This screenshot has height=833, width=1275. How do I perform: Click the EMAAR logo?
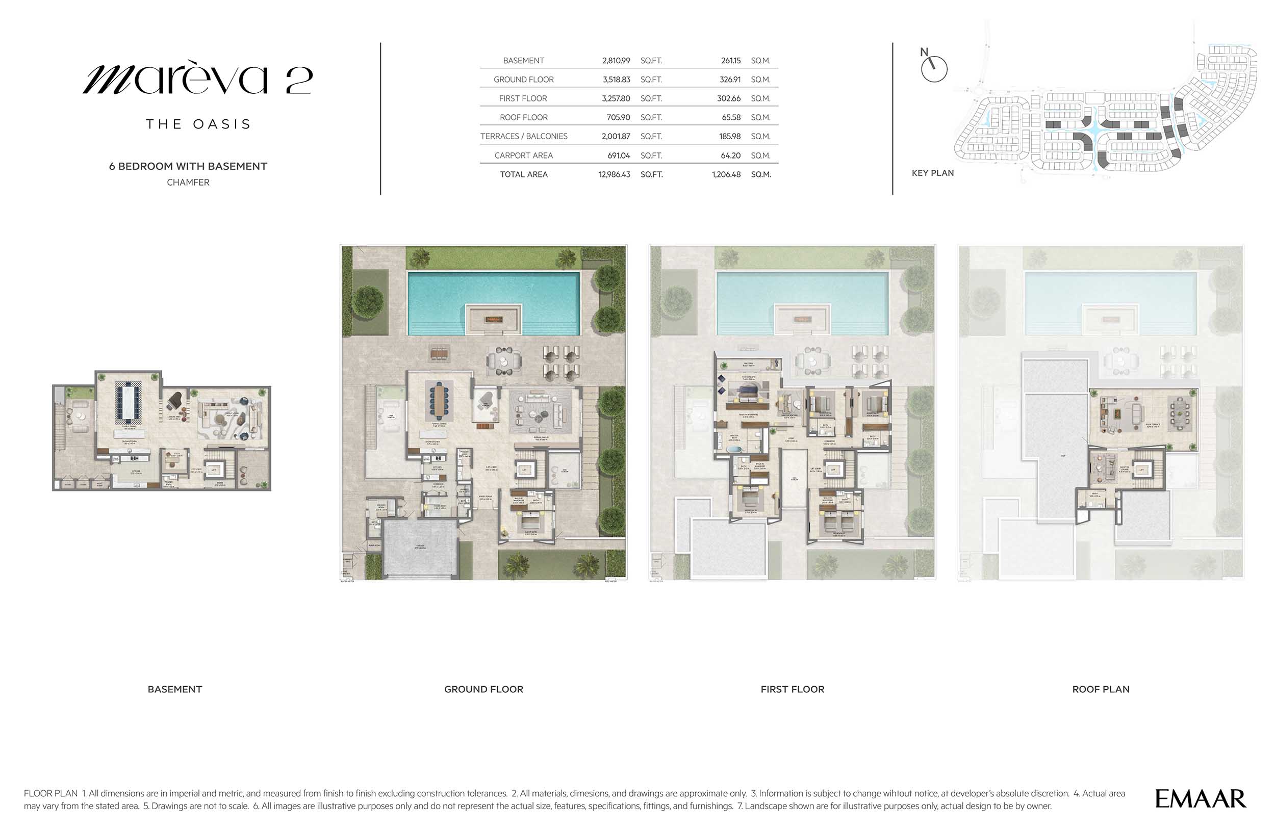click(1200, 799)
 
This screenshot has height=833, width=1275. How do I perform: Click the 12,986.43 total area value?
click(614, 174)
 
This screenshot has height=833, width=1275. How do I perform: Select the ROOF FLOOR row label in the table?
click(523, 117)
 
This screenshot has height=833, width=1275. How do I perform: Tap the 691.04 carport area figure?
click(618, 155)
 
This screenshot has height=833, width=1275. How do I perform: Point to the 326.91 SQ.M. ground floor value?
click(729, 79)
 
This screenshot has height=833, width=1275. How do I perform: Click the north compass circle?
click(934, 69)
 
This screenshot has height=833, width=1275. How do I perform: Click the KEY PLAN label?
click(932, 173)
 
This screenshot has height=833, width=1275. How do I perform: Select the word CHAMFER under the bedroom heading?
click(188, 182)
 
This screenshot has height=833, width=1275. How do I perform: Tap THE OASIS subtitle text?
click(198, 124)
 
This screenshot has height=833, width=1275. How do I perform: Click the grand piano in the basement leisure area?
click(174, 400)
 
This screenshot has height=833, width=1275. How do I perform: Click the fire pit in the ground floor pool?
click(493, 320)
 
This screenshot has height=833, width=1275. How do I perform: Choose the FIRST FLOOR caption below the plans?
click(792, 689)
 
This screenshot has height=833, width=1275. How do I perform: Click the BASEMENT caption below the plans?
click(174, 689)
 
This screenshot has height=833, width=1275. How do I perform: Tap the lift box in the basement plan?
click(213, 470)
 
